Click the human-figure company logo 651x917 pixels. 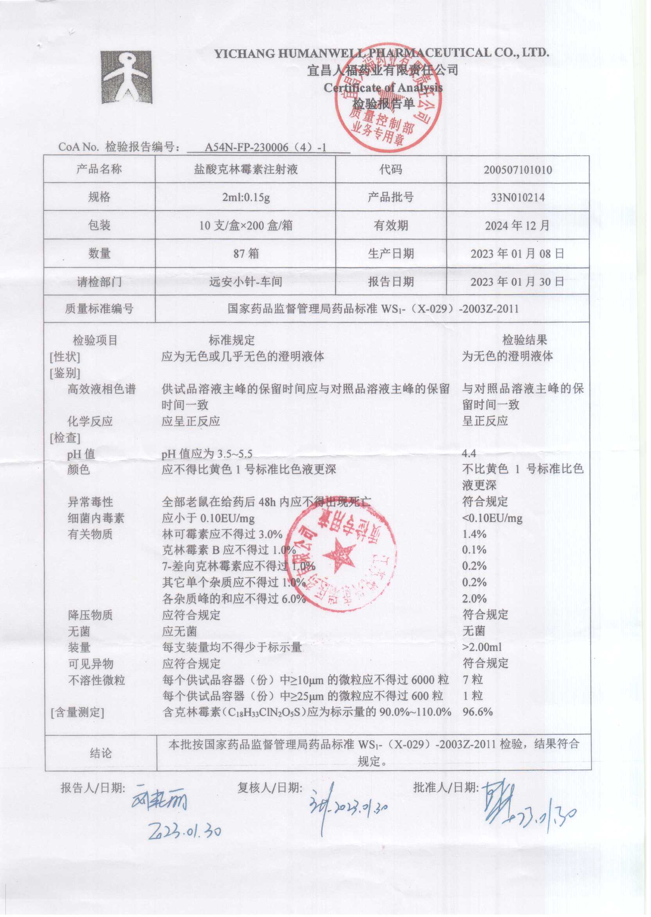point(126,77)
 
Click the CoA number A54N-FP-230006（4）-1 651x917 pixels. point(265,147)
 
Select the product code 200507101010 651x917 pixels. point(518,170)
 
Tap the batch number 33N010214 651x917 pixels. point(518,198)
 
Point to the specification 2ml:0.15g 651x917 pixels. point(246,198)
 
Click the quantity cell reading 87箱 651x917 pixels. point(246,254)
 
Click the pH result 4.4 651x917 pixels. point(469,454)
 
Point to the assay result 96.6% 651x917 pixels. point(477,712)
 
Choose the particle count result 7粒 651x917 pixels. point(473,680)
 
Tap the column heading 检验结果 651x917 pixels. point(525,341)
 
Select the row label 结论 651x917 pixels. point(101,753)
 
